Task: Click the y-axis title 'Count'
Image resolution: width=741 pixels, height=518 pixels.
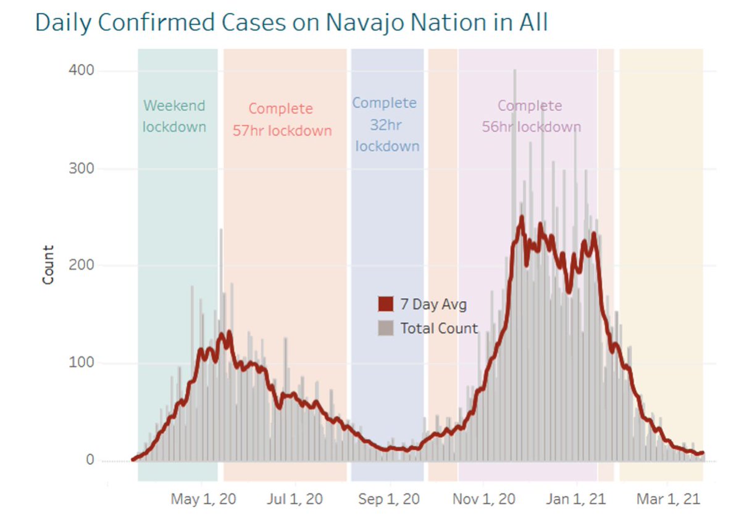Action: (48, 265)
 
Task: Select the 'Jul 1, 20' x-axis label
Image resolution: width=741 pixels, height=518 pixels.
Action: (296, 499)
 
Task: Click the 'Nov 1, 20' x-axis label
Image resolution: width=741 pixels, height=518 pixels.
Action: (485, 499)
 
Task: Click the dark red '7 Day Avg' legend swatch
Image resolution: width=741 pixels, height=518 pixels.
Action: (386, 304)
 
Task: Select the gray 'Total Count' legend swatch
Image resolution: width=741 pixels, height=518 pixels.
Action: (386, 328)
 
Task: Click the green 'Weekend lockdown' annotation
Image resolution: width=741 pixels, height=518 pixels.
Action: (174, 116)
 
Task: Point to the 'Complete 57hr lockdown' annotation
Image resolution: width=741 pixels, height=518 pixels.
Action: (282, 120)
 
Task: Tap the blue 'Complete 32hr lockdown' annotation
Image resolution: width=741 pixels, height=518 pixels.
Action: (386, 125)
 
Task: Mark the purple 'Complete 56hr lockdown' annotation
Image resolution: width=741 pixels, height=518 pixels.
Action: (530, 117)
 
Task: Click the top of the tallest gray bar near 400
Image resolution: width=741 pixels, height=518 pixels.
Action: (514, 70)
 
